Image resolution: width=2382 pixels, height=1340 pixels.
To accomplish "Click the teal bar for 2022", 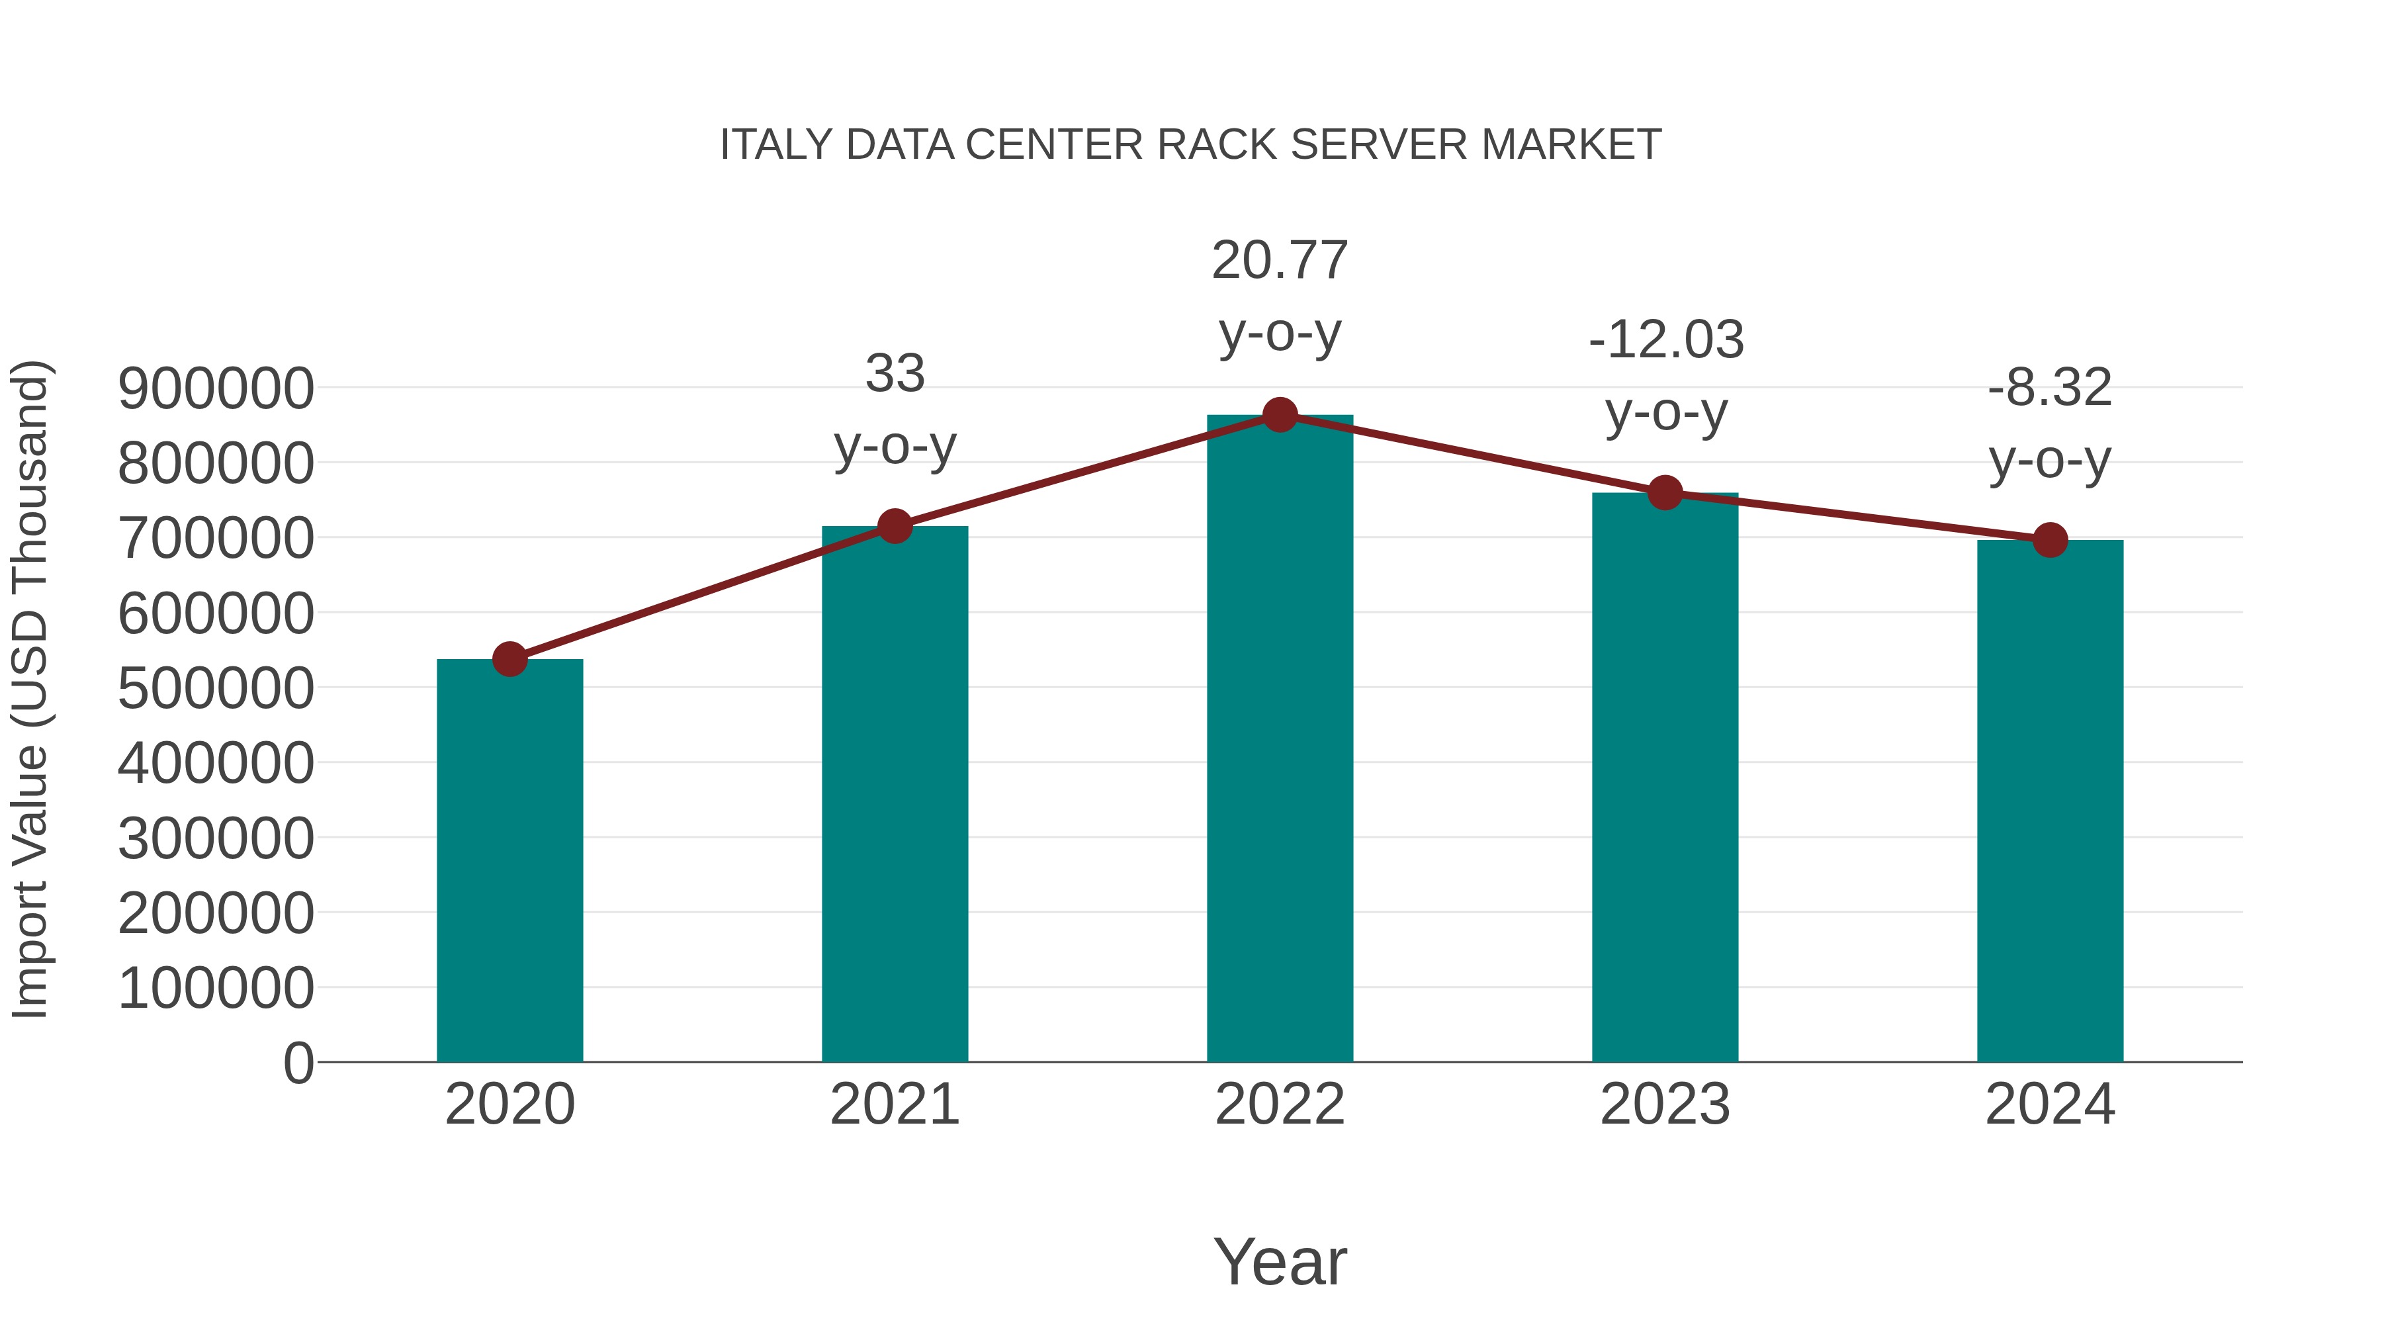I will point(1280,740).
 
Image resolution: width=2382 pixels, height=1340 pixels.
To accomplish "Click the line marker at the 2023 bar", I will point(1665,493).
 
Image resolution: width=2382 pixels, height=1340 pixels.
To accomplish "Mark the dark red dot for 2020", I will point(509,659).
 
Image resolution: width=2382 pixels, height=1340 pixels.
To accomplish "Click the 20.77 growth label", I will point(1280,261).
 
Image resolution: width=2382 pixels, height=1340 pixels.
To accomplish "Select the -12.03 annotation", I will point(1665,339).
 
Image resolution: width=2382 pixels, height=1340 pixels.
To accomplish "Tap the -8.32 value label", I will point(2050,388).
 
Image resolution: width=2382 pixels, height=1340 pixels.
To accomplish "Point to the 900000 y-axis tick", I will point(216,388).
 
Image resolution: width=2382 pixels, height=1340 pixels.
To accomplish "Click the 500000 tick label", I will point(216,688).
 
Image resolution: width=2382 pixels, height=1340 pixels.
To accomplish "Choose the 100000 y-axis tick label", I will point(216,988).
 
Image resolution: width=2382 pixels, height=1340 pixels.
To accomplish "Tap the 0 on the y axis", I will point(298,1063).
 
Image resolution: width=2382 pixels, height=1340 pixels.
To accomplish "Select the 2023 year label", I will point(1665,1104).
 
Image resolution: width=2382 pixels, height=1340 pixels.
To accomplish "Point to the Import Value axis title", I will point(30,689).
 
